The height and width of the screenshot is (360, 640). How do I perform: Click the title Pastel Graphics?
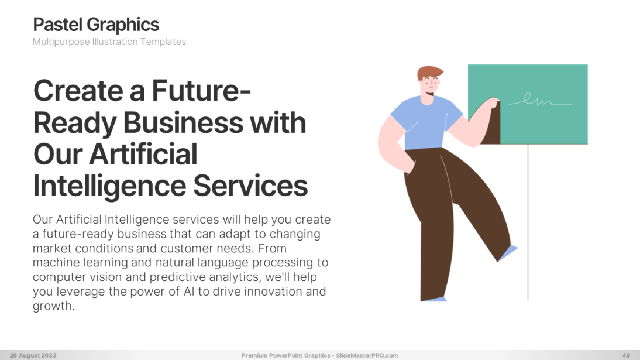click(96, 25)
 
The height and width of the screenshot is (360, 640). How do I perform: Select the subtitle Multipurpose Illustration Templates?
click(109, 42)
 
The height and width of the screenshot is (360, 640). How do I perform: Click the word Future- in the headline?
click(201, 90)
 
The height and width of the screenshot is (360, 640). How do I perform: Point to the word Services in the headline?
click(250, 186)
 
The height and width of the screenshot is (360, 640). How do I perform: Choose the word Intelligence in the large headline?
click(110, 187)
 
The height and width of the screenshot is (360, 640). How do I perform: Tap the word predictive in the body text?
click(178, 277)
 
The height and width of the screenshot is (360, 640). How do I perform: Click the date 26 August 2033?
click(33, 355)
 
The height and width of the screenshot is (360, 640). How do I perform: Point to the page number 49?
click(626, 355)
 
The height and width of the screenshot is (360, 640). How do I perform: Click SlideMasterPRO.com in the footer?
click(367, 355)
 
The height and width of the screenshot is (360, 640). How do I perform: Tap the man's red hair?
click(429, 73)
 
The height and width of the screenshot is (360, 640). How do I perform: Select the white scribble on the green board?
click(539, 100)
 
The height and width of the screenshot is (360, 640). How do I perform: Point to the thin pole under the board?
click(528, 222)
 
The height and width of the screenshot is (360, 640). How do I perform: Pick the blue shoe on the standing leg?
click(434, 300)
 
